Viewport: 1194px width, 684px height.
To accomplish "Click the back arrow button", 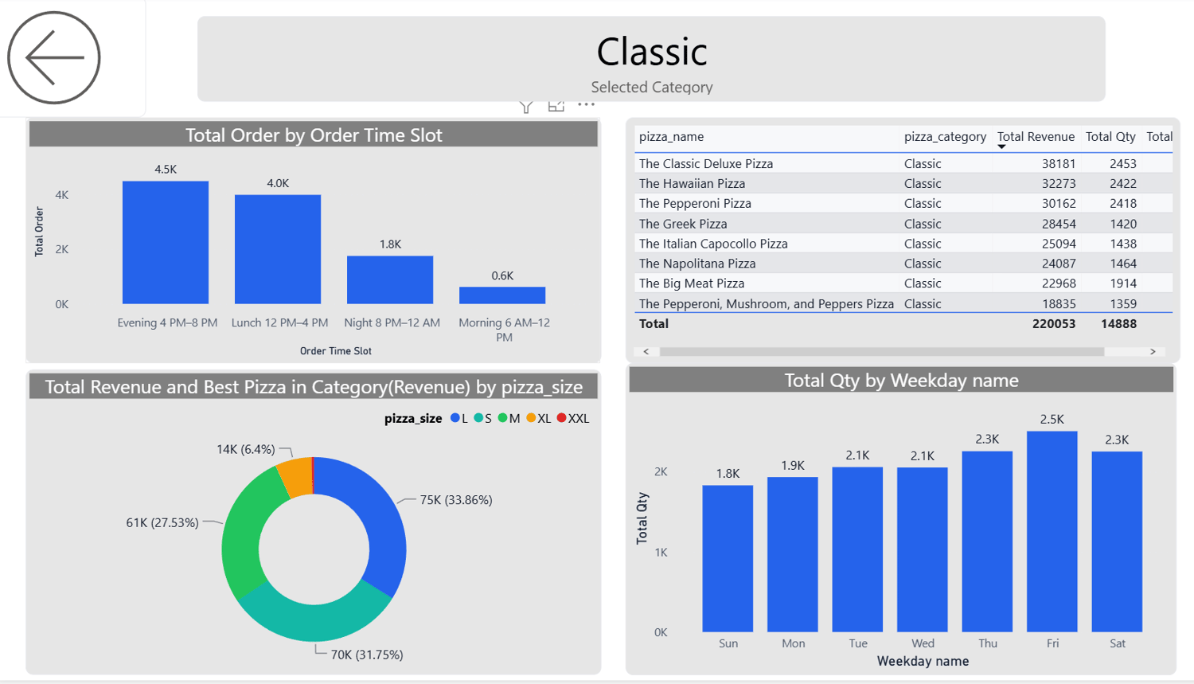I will coord(54,57).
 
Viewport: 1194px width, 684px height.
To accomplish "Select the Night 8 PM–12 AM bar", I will coord(390,279).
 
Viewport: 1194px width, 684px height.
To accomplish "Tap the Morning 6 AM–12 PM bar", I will coord(502,295).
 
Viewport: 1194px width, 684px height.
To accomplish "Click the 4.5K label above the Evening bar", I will coord(166,170).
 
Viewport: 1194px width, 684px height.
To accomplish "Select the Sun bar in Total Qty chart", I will coord(728,558).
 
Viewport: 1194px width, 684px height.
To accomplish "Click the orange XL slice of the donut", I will coord(296,477).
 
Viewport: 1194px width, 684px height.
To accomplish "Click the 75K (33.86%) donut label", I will coord(456,500).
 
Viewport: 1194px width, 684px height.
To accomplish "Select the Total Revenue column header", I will coord(1036,137).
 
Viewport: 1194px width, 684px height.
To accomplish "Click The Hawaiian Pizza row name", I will coord(692,183).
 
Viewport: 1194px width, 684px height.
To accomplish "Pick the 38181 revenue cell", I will coord(1059,163).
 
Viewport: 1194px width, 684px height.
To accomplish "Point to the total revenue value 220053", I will coord(1053,324).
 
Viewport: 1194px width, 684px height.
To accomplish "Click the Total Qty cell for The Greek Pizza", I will coord(1123,224).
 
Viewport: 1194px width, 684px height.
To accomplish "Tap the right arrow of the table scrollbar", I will coord(1153,351).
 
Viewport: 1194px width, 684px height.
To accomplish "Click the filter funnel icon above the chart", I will coord(526,107).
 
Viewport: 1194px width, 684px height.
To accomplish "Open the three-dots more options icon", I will coord(587,104).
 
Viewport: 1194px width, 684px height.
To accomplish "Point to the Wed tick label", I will coord(923,643).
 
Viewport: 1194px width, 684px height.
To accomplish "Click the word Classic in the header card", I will coord(652,52).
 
